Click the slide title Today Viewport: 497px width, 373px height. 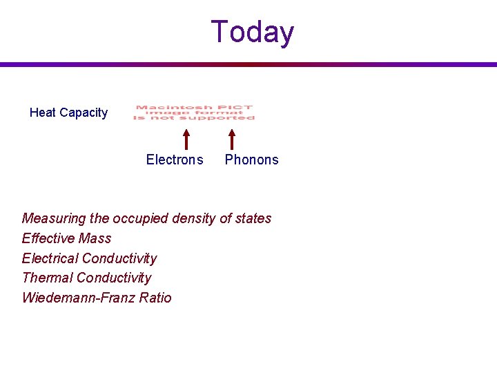pos(252,32)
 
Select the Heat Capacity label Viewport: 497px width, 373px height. pos(68,113)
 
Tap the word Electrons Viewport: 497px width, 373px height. pos(175,160)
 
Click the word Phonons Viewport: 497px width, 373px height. pos(252,160)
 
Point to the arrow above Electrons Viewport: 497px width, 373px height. pos(186,137)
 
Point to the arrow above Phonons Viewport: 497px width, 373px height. pos(232,137)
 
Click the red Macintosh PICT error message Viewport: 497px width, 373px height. pos(194,113)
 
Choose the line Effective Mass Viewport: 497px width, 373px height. pos(66,238)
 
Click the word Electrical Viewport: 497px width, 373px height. pos(50,258)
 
